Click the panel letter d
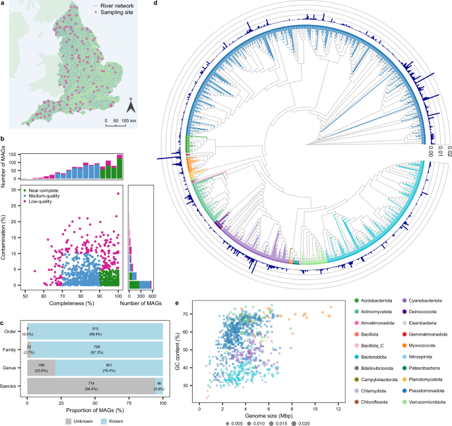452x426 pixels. [156, 4]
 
